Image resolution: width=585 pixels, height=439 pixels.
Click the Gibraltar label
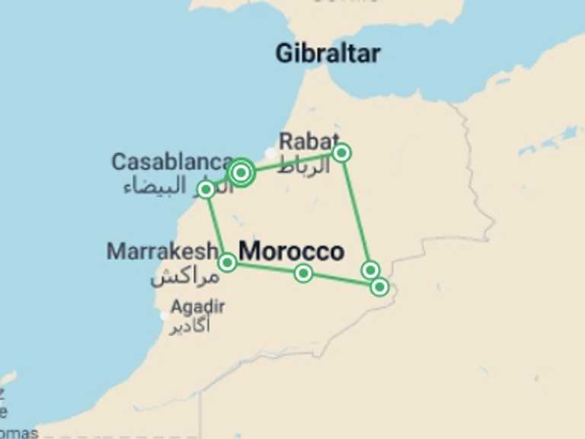pos(328,53)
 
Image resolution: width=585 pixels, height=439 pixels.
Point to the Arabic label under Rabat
pos(305,165)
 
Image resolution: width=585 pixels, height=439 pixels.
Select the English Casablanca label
pos(172,162)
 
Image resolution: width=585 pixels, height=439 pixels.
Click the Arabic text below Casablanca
pos(164,185)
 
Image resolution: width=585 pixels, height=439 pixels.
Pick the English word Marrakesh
pos(162,251)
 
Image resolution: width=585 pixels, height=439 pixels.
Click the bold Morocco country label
pos(292,251)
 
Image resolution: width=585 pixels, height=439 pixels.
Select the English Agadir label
pos(198,306)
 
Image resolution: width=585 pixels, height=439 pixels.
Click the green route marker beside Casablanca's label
pos(206,189)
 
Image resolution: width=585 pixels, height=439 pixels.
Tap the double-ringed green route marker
pos(241,172)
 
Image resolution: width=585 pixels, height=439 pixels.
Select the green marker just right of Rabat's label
pos(342,152)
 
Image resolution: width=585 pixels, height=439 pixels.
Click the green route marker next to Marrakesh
pos(227,263)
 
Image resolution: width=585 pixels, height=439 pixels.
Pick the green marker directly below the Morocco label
pos(303,273)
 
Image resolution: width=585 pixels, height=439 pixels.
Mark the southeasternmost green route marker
pos(379,287)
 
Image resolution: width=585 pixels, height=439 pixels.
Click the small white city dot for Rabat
pos(270,152)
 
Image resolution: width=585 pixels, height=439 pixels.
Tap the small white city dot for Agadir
pos(165,315)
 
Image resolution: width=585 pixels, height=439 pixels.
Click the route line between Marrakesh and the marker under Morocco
pos(265,268)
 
